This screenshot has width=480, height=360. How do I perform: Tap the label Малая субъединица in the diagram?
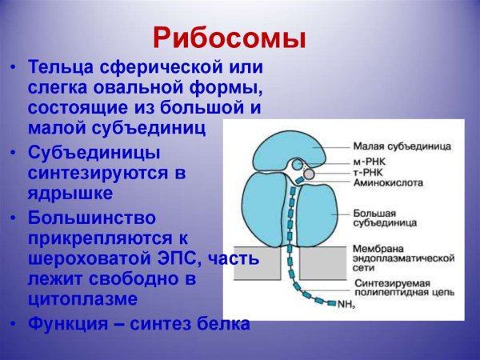click(x=403, y=146)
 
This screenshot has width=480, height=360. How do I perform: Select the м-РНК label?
click(x=369, y=163)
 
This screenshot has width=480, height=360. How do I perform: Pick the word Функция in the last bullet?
click(x=65, y=324)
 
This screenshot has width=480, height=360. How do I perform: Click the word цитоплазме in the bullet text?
click(x=78, y=299)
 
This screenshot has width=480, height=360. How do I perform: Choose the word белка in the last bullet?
click(x=223, y=324)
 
